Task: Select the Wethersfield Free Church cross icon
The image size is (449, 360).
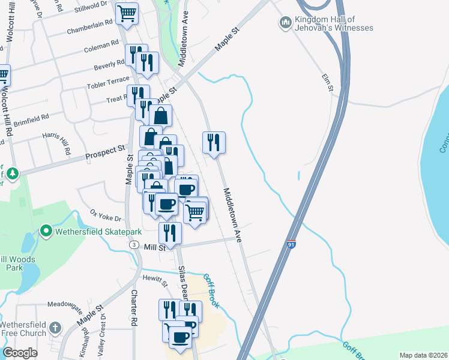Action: [55, 328]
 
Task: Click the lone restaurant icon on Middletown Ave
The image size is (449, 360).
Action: [214, 142]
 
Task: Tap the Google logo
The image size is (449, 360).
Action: [20, 353]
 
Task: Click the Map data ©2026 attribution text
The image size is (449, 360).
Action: [422, 355]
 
